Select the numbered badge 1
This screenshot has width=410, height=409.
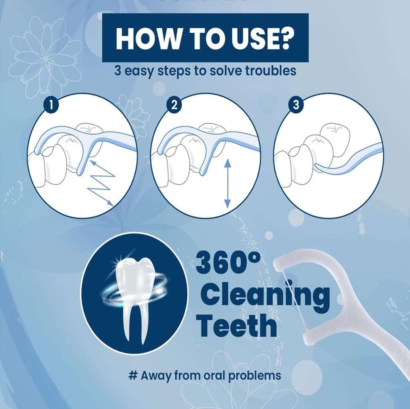point(51,105)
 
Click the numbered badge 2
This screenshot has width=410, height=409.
point(174,105)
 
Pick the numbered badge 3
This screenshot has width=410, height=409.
point(296,105)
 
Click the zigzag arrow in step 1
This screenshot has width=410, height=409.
point(102,183)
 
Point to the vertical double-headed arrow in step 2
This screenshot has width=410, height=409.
point(227,183)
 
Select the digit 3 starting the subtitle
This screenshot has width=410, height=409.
point(118,71)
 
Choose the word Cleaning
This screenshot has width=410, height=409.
point(265,295)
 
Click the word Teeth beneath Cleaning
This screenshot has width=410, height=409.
point(237,325)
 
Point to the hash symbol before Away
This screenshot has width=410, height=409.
point(133,375)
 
